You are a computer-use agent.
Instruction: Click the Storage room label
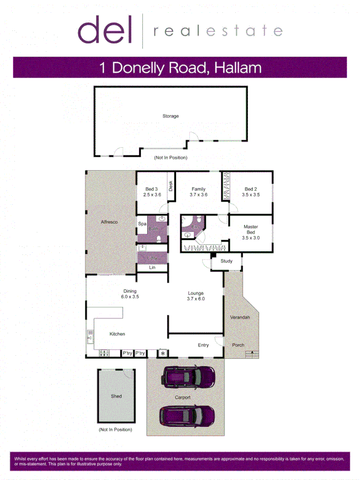tap(171, 116)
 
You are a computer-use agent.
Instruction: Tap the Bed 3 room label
tap(151, 189)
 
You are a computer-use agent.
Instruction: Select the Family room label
tap(198, 189)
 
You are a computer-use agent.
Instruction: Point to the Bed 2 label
tap(251, 189)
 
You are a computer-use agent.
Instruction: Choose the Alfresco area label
tap(109, 221)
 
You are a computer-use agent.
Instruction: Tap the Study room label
tap(226, 261)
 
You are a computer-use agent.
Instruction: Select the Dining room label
tap(130, 291)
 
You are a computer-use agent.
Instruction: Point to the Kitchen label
tap(117, 334)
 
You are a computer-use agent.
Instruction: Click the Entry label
tap(203, 345)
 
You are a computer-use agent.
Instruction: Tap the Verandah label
tap(240, 317)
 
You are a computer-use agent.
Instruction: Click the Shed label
tap(116, 396)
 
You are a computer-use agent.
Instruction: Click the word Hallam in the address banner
tap(238, 68)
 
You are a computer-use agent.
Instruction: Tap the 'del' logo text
tap(105, 30)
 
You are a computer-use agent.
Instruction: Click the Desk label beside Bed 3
tap(171, 186)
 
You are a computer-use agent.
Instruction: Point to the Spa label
tap(142, 224)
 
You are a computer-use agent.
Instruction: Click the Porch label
tap(238, 345)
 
